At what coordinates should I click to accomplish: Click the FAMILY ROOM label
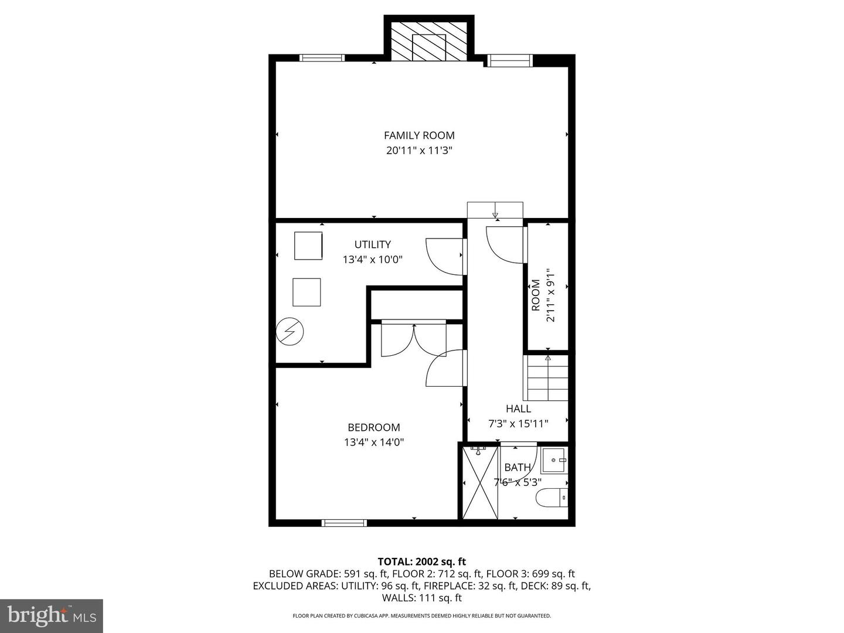(419, 135)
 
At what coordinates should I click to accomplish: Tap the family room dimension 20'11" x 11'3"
(419, 151)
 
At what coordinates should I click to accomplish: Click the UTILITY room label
(372, 244)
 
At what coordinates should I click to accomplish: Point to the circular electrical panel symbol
(290, 332)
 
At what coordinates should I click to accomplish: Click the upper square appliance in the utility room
(308, 246)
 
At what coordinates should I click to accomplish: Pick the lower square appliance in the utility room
(307, 292)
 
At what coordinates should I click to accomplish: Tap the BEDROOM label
(373, 428)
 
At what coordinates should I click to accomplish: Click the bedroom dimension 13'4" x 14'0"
(373, 443)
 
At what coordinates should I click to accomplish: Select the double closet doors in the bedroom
(414, 340)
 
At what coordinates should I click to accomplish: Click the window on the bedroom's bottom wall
(345, 523)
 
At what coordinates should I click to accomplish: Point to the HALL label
(518, 409)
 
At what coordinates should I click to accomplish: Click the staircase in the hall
(547, 379)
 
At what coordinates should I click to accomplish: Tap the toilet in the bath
(552, 498)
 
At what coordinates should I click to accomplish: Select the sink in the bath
(554, 461)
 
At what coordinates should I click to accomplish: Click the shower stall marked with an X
(480, 482)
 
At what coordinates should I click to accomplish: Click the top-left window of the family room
(321, 57)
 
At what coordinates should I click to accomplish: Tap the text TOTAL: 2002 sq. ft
(421, 561)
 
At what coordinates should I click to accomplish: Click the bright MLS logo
(51, 616)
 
